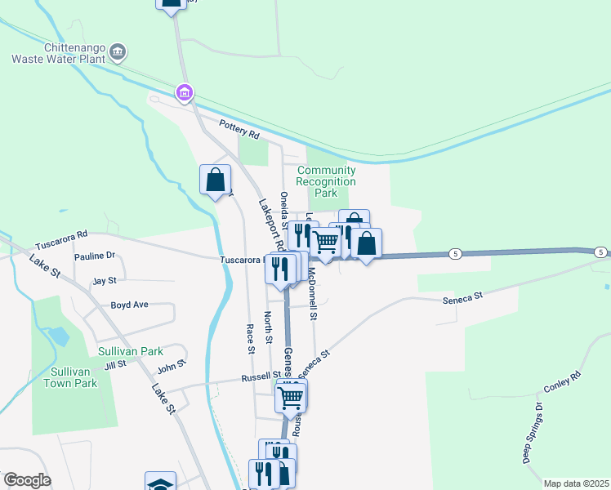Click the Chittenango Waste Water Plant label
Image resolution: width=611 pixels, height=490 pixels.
(x=60, y=52)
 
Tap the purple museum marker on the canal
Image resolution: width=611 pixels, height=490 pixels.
(x=185, y=94)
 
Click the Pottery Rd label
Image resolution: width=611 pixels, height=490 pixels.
(x=239, y=128)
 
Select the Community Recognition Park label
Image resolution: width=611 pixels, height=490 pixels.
(x=326, y=182)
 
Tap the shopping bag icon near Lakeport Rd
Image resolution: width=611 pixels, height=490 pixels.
(x=215, y=179)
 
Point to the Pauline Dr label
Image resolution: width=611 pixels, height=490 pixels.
(x=96, y=256)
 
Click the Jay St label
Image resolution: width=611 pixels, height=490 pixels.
(x=105, y=280)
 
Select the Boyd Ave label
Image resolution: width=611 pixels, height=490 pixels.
(x=129, y=305)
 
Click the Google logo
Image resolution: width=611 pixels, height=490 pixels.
(x=27, y=480)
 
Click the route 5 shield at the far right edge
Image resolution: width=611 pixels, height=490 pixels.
(x=600, y=252)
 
